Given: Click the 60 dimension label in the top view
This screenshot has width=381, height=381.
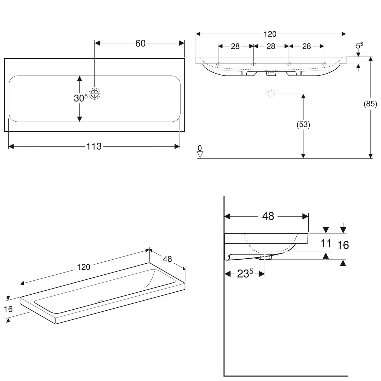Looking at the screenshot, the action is pos(140,43).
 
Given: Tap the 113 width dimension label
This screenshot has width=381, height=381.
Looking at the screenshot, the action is pos(94,146).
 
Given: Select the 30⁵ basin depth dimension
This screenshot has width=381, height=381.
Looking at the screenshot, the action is pos(81,98).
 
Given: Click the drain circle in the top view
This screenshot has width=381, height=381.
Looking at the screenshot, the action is pos(95,94).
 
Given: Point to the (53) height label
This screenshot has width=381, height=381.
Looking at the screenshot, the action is pos(303,124).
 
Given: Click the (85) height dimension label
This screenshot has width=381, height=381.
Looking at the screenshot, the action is pos(370,104).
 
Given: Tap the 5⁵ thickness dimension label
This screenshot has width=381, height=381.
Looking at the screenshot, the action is pos(359,45).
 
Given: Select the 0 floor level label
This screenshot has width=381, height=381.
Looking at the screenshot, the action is pos(200,148).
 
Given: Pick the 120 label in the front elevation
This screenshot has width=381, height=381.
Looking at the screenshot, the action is pos(270,34).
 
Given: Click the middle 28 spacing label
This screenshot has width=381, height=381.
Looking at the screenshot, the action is pos(271,46).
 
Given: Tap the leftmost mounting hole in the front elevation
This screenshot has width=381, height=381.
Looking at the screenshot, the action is pos(218,64).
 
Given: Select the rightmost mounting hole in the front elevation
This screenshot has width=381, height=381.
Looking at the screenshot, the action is pos(324,64).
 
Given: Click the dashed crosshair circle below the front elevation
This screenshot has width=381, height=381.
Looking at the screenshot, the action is pos(271,94).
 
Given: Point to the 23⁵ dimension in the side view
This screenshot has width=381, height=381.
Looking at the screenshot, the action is pos(245,274).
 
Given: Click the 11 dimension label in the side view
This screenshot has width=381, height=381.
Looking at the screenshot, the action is pos(326,243).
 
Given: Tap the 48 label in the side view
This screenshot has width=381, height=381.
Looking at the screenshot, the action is pos(268,216).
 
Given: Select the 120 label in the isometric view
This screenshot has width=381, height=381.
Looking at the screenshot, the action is pos(84,267).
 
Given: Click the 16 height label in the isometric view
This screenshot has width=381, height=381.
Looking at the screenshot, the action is pos(8,309).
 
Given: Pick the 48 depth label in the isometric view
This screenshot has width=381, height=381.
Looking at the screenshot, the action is pos(167,259).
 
